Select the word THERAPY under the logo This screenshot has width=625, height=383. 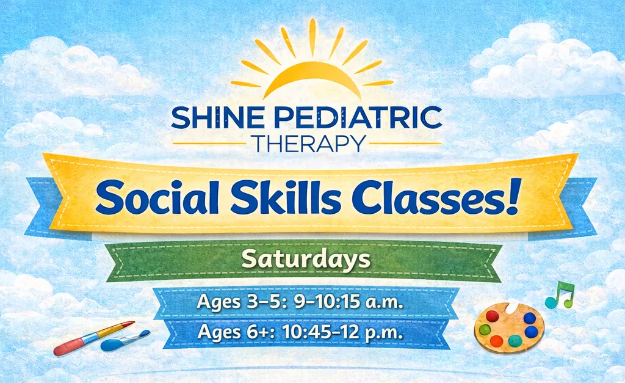[x=309, y=143]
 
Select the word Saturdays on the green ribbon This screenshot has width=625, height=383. [x=306, y=260]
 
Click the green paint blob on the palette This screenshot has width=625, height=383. [x=485, y=329]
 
